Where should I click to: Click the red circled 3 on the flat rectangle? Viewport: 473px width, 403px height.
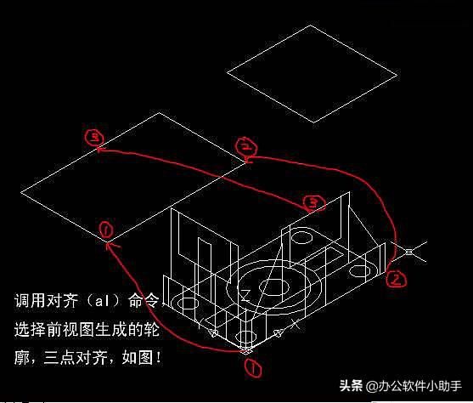click(94, 138)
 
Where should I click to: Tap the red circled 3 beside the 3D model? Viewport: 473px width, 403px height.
click(314, 203)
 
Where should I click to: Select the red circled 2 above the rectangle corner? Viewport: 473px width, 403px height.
click(246, 146)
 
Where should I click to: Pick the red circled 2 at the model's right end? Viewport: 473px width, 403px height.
click(396, 279)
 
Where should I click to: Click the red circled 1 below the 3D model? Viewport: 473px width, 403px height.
click(253, 368)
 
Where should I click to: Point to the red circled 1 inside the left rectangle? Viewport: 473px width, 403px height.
click(106, 230)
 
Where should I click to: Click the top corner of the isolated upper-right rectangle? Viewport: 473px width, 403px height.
click(310, 26)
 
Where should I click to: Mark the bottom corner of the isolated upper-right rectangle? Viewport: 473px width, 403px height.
click(313, 122)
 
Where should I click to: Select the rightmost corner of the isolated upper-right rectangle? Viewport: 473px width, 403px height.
click(397, 75)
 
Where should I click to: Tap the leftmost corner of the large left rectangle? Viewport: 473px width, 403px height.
click(21, 192)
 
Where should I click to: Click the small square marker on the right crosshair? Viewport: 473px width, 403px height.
click(408, 252)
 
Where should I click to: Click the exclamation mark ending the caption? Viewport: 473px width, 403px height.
click(158, 358)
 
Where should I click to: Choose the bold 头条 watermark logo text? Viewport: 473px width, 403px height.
click(351, 385)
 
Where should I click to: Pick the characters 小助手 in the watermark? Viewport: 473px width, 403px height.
click(444, 386)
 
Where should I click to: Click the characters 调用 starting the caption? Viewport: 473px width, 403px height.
click(30, 301)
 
